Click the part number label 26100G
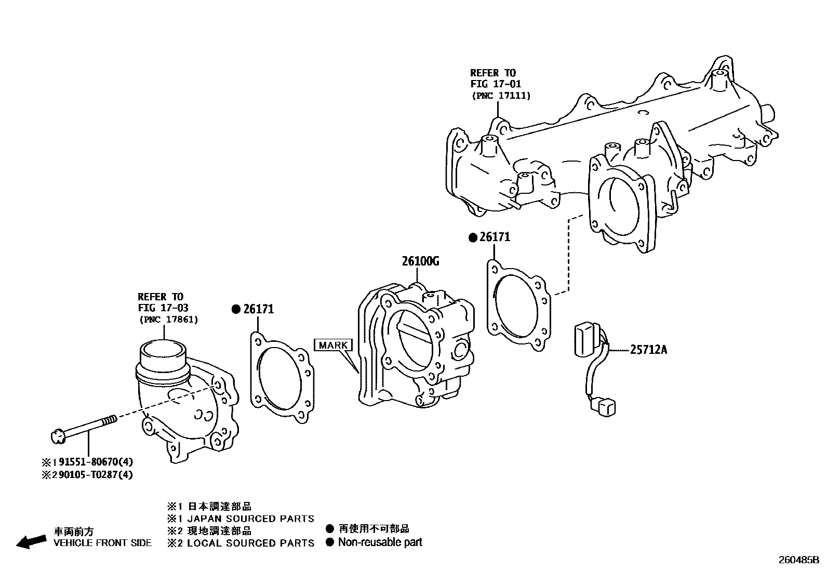pos(420,261)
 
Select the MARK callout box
pos(333,345)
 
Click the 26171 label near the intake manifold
pos(495,237)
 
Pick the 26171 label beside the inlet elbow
pos(258,309)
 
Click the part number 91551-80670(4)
pos(91,462)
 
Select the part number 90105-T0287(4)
pos(91,475)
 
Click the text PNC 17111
pos(501,96)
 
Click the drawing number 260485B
pos(798,561)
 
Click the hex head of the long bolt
pos(58,436)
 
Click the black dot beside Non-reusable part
pos(329,542)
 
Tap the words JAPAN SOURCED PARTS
pos(250,519)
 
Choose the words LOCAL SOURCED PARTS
pos(250,543)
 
